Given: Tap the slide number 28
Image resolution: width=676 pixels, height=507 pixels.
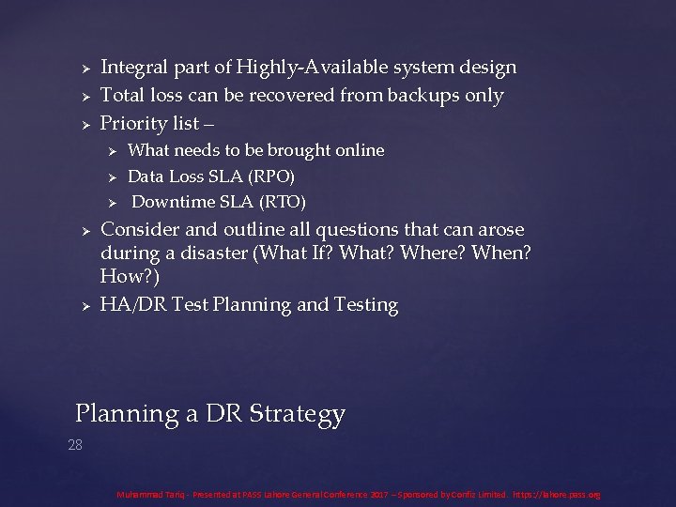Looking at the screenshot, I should pyautogui.click(x=75, y=445).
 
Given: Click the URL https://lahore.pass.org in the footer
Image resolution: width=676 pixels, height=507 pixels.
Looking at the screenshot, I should pyautogui.click(x=556, y=494).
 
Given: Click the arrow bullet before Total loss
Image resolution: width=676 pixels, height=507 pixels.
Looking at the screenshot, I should pyautogui.click(x=84, y=97).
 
